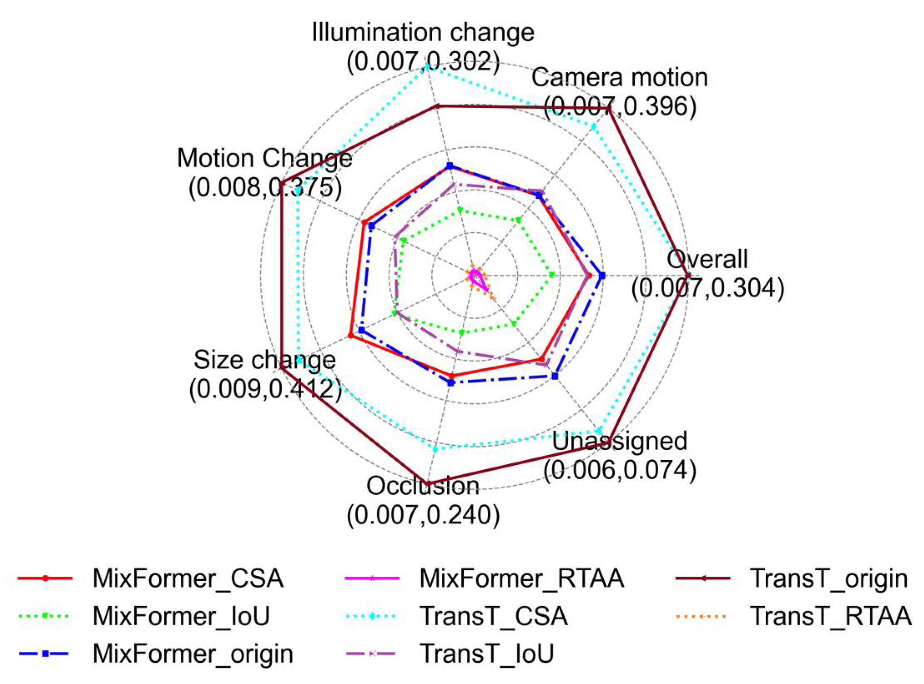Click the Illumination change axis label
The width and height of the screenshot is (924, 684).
pyautogui.click(x=423, y=33)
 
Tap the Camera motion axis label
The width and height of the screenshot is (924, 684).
pyautogui.click(x=619, y=77)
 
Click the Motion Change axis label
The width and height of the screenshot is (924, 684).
pyautogui.click(x=264, y=158)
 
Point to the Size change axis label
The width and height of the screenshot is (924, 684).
pyautogui.click(x=264, y=360)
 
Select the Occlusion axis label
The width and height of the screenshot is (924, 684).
pyautogui.click(x=423, y=486)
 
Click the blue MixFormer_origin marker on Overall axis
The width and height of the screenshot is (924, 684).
pyautogui.click(x=602, y=275)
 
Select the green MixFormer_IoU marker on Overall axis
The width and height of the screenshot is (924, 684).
pyautogui.click(x=552, y=275)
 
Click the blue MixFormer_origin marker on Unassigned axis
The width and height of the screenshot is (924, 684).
pyautogui.click(x=555, y=376)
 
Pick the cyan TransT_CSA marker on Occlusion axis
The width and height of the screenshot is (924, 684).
pyautogui.click(x=435, y=449)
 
